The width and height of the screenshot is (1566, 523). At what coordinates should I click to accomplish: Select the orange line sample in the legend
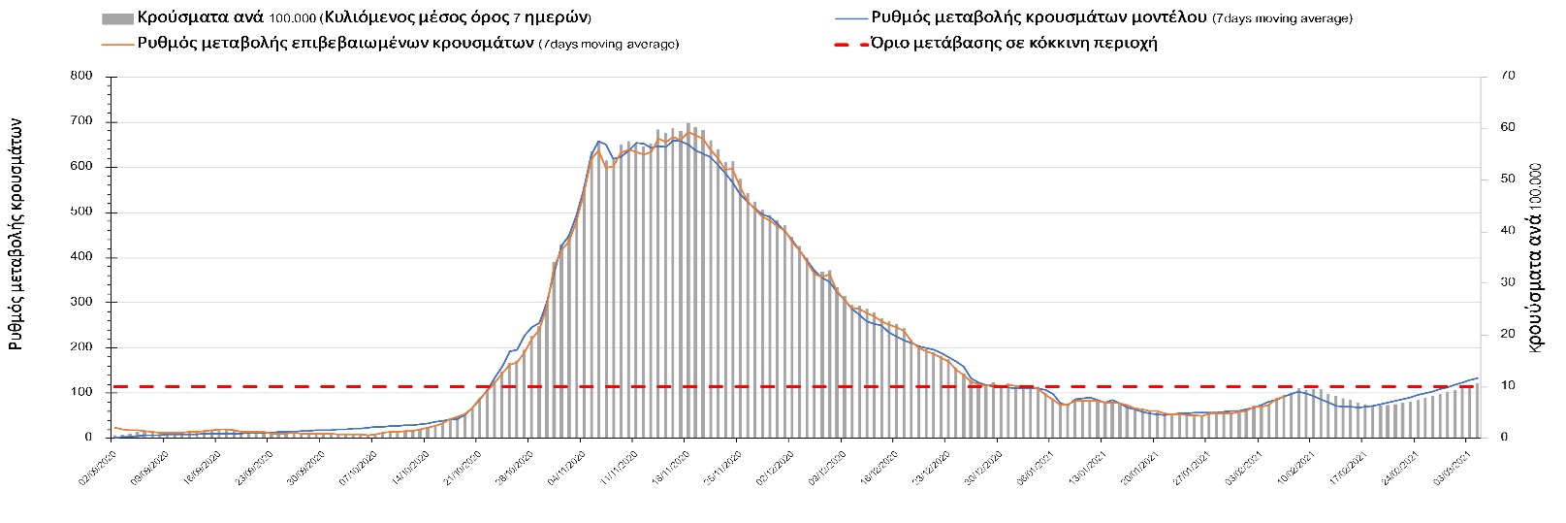pyautogui.click(x=116, y=44)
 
